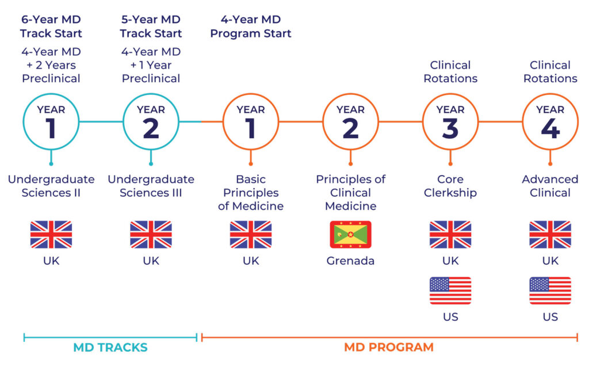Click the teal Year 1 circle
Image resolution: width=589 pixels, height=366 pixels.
pos(51,122)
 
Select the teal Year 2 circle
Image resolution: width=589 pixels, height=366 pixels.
pos(151,122)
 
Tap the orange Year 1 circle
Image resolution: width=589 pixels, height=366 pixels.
pos(251,122)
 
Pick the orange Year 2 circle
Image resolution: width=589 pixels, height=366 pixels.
pos(350,122)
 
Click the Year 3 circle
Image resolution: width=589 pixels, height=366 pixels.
pos(450,122)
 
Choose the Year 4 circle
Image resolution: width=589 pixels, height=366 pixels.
pos(550,122)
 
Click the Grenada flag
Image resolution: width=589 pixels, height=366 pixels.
pos(350,234)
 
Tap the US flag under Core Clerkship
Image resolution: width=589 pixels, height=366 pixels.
pos(450,291)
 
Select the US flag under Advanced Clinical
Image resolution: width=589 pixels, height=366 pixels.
pos(550,291)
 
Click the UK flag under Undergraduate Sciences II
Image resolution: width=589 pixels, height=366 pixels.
pos(51,234)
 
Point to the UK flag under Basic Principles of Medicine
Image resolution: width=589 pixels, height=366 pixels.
pos(251,234)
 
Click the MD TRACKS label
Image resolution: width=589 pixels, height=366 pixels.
pos(110,348)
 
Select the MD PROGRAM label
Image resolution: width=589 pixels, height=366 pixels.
pos(389,348)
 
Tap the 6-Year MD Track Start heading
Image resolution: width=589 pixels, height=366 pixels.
pos(51,26)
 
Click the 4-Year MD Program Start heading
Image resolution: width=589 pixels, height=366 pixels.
pos(251,26)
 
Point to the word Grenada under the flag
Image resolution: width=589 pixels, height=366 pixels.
pos(350,261)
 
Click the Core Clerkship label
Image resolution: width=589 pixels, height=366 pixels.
pos(450,186)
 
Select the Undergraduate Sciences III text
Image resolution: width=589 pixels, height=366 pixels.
pos(151,186)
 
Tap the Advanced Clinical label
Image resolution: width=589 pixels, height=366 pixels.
pos(550,186)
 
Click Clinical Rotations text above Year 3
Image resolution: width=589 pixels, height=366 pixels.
pos(450,71)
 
